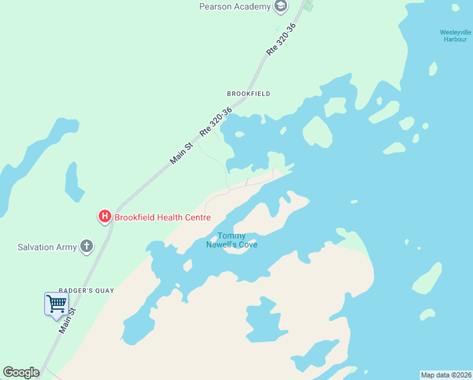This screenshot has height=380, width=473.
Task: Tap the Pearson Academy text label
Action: pyautogui.click(x=235, y=6)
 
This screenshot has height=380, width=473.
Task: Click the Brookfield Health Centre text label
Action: pyautogui.click(x=162, y=217)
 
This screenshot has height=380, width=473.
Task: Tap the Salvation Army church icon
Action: pyautogui.click(x=87, y=247)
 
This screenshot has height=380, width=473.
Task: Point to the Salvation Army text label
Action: pyautogui.click(x=47, y=247)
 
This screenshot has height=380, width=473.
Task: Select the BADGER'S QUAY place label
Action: pyautogui.click(x=86, y=291)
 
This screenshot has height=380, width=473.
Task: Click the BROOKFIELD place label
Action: pyautogui.click(x=249, y=94)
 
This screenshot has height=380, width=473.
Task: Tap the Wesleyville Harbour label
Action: pyautogui.click(x=455, y=35)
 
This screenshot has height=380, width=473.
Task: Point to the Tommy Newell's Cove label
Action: pyautogui.click(x=231, y=241)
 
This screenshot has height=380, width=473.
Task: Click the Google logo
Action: pyautogui.click(x=21, y=372)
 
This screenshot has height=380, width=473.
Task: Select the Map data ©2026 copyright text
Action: pyautogui.click(x=446, y=375)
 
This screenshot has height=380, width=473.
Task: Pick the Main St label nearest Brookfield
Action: pyautogui.click(x=181, y=155)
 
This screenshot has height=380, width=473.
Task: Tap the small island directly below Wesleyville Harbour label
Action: pyautogui.click(x=433, y=68)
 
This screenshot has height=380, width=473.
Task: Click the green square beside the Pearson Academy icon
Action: pyautogui.click(x=308, y=7)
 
